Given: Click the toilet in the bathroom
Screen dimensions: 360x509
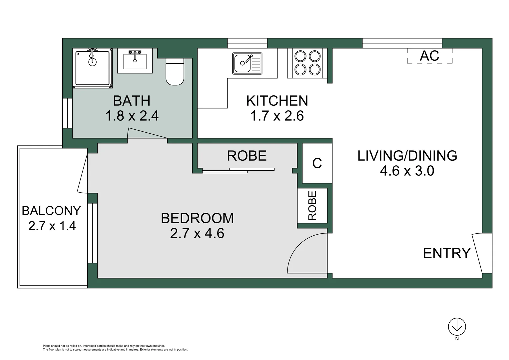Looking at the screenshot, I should click(175, 72).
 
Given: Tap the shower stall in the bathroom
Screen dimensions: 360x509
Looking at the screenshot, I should click(93, 68).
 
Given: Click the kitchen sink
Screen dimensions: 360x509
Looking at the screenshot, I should click(247, 63).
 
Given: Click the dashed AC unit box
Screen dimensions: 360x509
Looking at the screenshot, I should click(429, 56).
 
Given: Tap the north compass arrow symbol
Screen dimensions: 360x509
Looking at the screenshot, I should click(457, 327).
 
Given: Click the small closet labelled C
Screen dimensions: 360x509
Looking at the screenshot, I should click(317, 163).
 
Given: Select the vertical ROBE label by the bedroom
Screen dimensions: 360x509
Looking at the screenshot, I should click(312, 205).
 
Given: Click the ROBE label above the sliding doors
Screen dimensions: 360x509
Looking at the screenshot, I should click(247, 156).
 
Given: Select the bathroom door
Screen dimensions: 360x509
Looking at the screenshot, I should click(147, 134).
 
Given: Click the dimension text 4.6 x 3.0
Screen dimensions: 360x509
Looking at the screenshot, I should click(407, 171).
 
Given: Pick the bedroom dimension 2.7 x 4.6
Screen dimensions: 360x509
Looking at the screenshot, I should click(197, 233).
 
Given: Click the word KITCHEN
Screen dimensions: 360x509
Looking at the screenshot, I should click(277, 101).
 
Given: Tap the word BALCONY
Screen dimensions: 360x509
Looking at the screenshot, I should click(51, 211).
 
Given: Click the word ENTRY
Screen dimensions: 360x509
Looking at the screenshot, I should click(447, 253).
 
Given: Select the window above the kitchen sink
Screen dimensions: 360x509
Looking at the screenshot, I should click(247, 43).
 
